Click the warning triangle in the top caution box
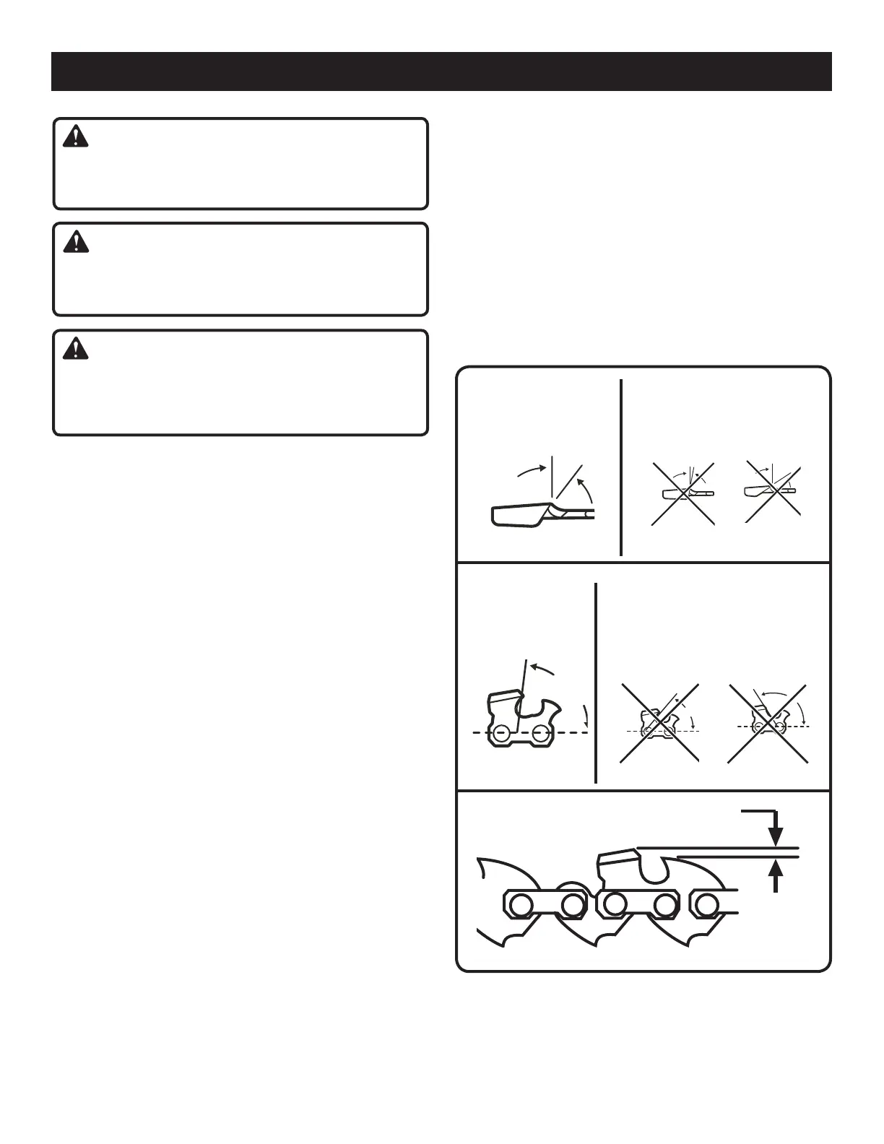pos(76,136)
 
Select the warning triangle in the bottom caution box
pos(76,349)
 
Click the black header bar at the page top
pos(441,71)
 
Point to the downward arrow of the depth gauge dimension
pos(776,832)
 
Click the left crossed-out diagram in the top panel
pos(682,494)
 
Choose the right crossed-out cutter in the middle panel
pos(769,723)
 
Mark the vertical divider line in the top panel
pos(621,467)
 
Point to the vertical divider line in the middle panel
pos(596,682)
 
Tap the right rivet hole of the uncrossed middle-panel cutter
pos(539,734)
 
